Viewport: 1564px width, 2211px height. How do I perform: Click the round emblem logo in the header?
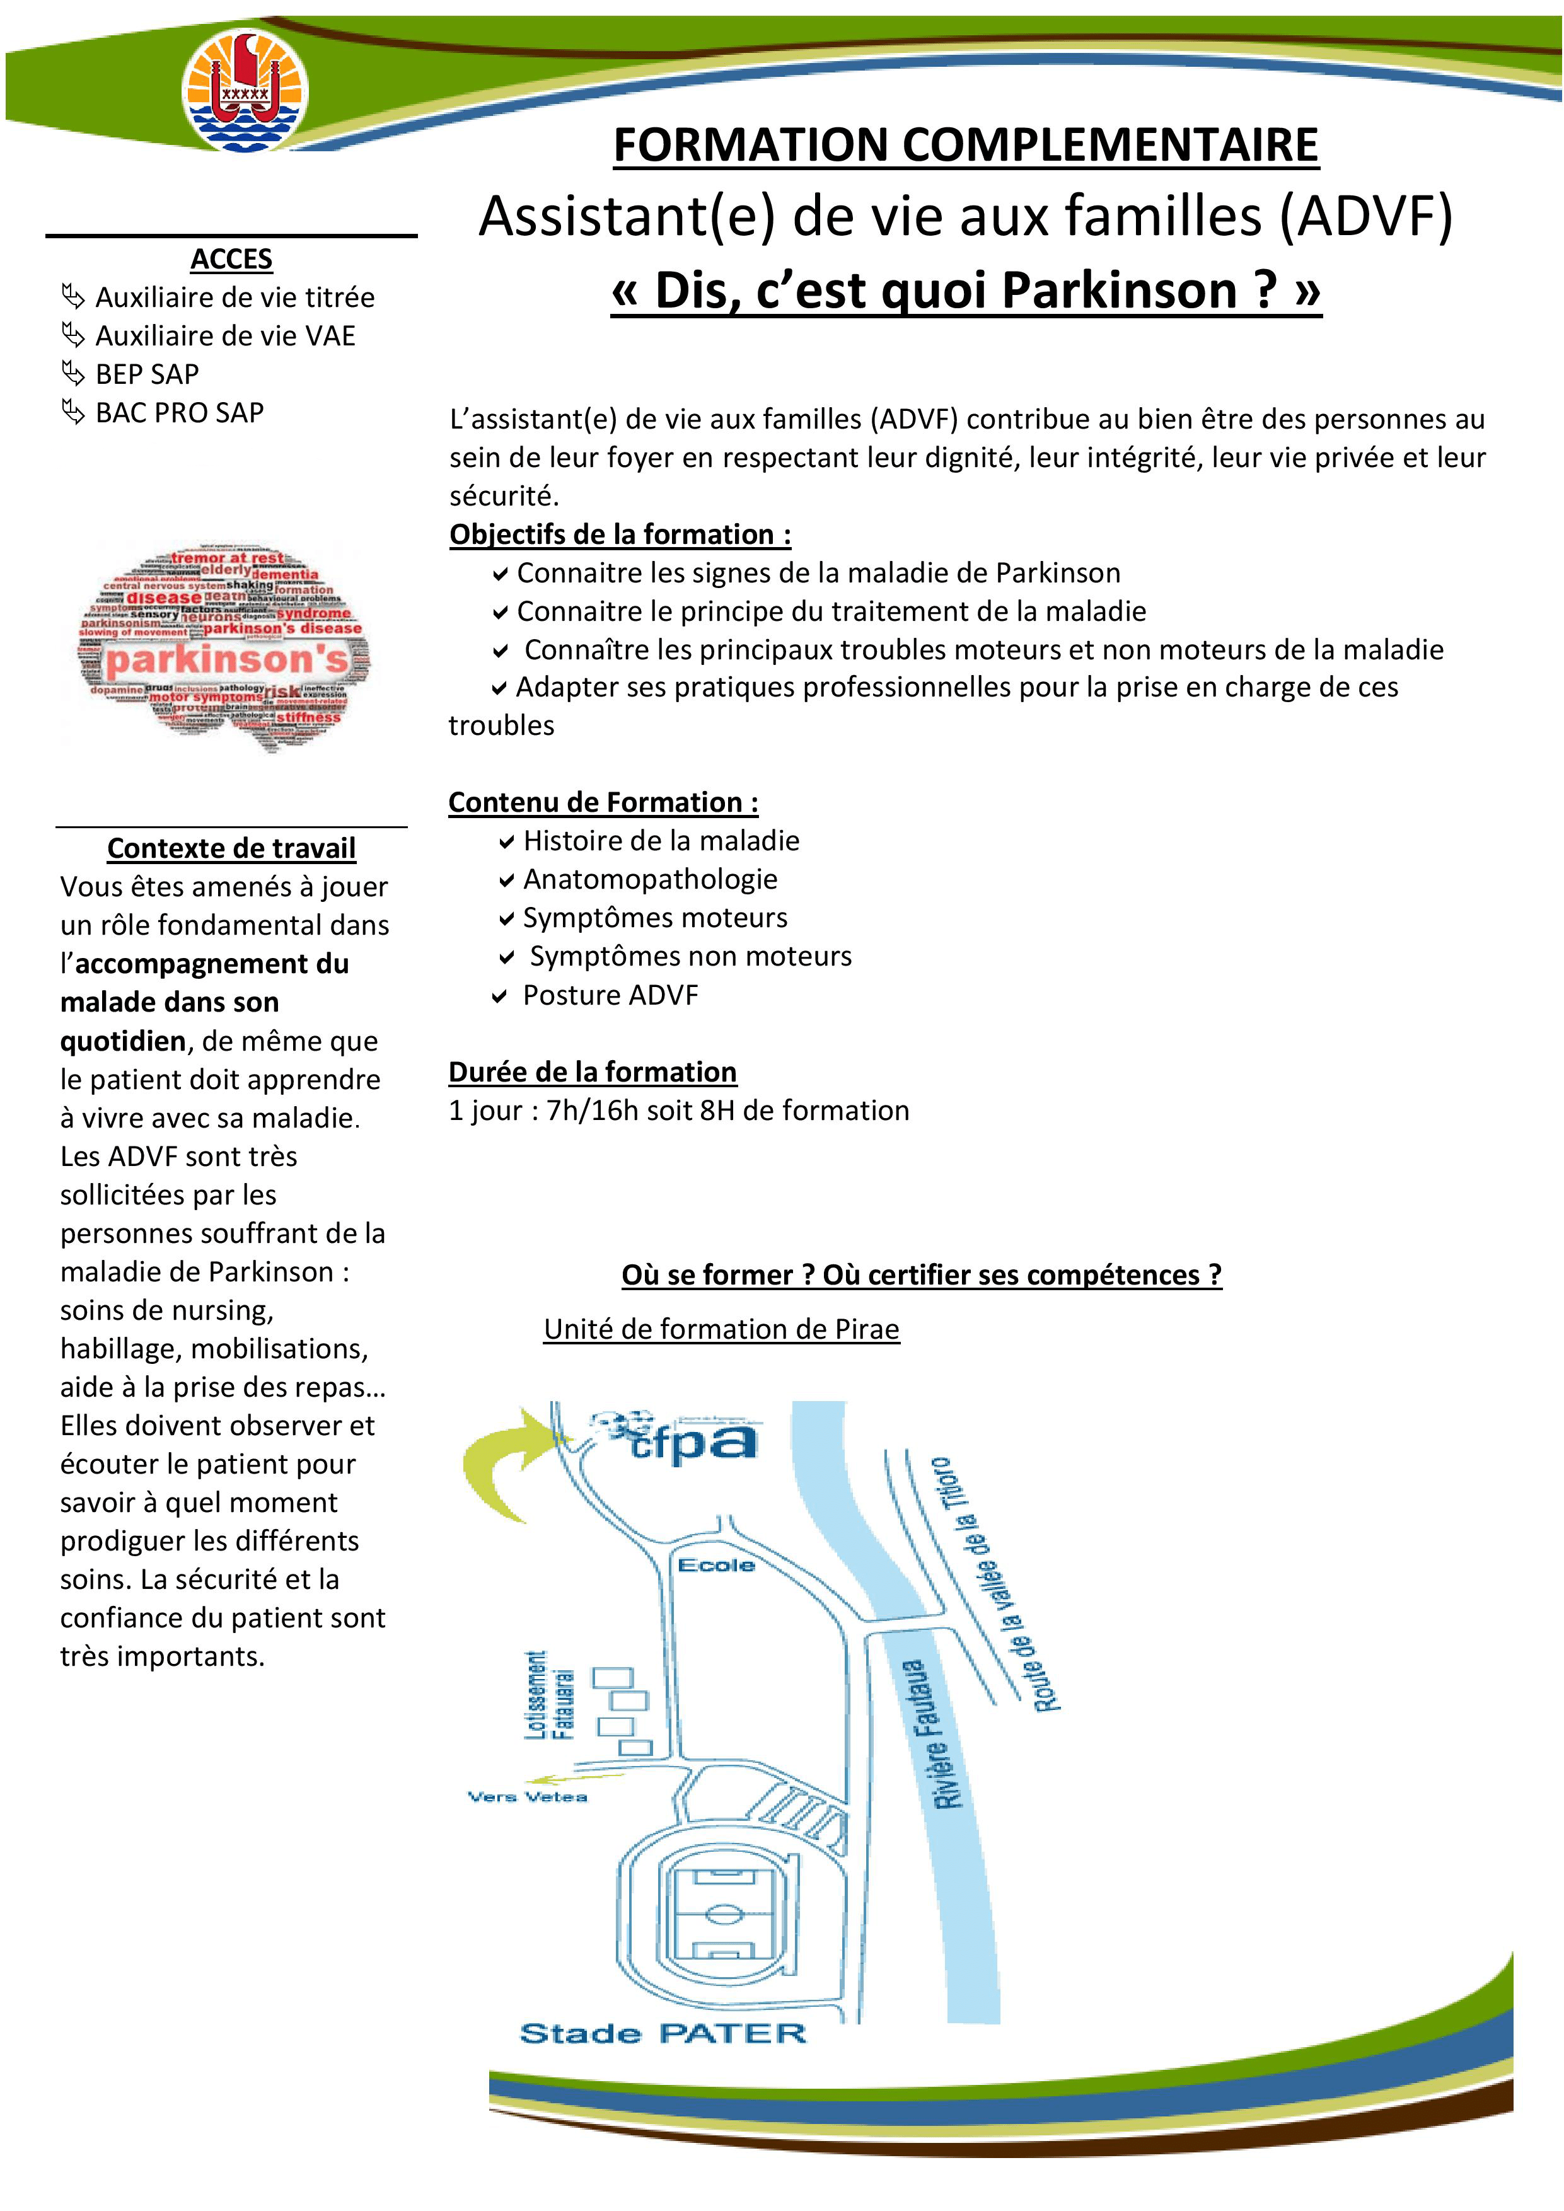pos(246,91)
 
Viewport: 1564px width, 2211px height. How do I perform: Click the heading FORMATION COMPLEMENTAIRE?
pos(965,146)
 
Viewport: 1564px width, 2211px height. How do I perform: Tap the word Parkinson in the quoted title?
pos(1120,290)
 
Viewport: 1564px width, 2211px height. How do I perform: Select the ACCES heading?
pos(231,259)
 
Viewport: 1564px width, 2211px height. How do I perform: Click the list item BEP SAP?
pos(146,374)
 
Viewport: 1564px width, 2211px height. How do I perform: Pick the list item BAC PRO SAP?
pos(179,412)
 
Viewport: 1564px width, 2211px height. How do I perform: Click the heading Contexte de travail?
pos(231,848)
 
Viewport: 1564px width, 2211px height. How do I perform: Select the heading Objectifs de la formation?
pos(620,534)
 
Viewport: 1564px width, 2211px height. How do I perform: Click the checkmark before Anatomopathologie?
pos(507,880)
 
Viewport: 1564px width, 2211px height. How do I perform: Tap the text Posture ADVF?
pos(610,995)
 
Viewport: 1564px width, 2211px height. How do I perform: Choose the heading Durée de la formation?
pos(593,1072)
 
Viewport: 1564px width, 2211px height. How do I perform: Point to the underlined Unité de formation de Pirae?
pos(721,1329)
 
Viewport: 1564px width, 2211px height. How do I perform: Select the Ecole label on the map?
pos(715,1566)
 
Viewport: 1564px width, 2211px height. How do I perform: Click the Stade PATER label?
pos(662,2033)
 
